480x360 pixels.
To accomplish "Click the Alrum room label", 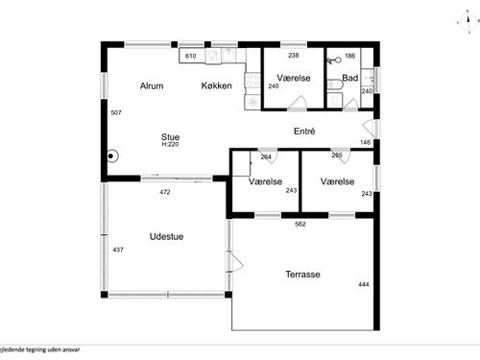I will (x=152, y=86).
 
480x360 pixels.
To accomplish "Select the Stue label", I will (x=170, y=136).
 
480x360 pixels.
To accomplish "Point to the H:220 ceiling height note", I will (x=170, y=144).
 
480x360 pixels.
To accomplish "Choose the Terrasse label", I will (x=302, y=275).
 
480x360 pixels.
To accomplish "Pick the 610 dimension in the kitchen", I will (x=190, y=57).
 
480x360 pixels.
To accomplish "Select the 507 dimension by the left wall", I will (x=115, y=113).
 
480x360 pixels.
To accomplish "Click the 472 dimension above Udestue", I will (x=164, y=192).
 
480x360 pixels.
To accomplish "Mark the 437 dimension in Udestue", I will (x=118, y=250).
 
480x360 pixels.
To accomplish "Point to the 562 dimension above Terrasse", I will (x=300, y=224).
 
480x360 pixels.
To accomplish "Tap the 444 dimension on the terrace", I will (x=364, y=284).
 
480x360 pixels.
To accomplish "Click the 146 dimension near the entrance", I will (x=365, y=142).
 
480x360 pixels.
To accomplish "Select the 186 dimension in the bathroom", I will (x=349, y=57).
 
